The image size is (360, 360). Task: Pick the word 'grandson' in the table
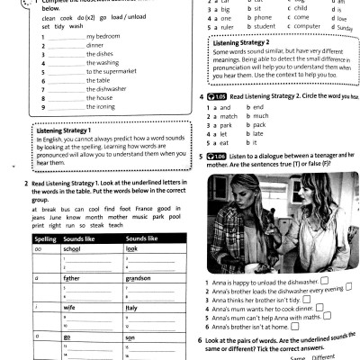coord(138,277)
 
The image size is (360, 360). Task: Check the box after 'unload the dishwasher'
coord(325,281)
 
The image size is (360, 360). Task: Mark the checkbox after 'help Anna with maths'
coord(330,316)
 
